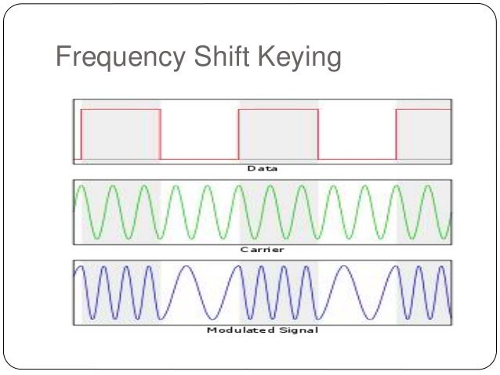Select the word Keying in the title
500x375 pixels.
pyautogui.click(x=299, y=59)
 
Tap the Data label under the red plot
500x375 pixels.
pyautogui.click(x=263, y=168)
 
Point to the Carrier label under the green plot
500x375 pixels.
pyautogui.click(x=263, y=250)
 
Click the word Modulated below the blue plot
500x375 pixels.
pyautogui.click(x=237, y=330)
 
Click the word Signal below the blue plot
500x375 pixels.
pyautogui.click(x=299, y=330)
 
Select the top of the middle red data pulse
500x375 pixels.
pyautogui.click(x=278, y=110)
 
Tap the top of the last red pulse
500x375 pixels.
pyautogui.click(x=423, y=110)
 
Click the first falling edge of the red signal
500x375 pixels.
pyautogui.click(x=161, y=135)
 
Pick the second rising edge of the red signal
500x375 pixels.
pyautogui.click(x=238, y=135)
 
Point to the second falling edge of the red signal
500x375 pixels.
pyautogui.click(x=319, y=135)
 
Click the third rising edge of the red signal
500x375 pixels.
pyautogui.click(x=397, y=135)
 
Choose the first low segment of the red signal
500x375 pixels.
pyautogui.click(x=199, y=159)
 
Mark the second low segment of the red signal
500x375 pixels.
pyautogui.click(x=357, y=159)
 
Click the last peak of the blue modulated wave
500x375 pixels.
pyautogui.click(x=440, y=267)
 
